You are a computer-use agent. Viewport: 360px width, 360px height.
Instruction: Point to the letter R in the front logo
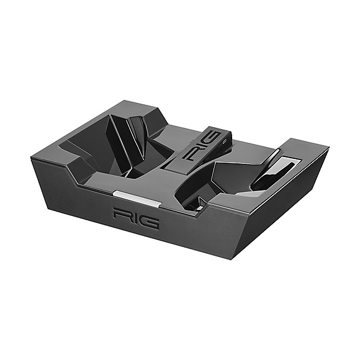[121, 215]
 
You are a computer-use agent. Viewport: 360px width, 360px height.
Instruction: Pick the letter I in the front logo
[135, 218]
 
